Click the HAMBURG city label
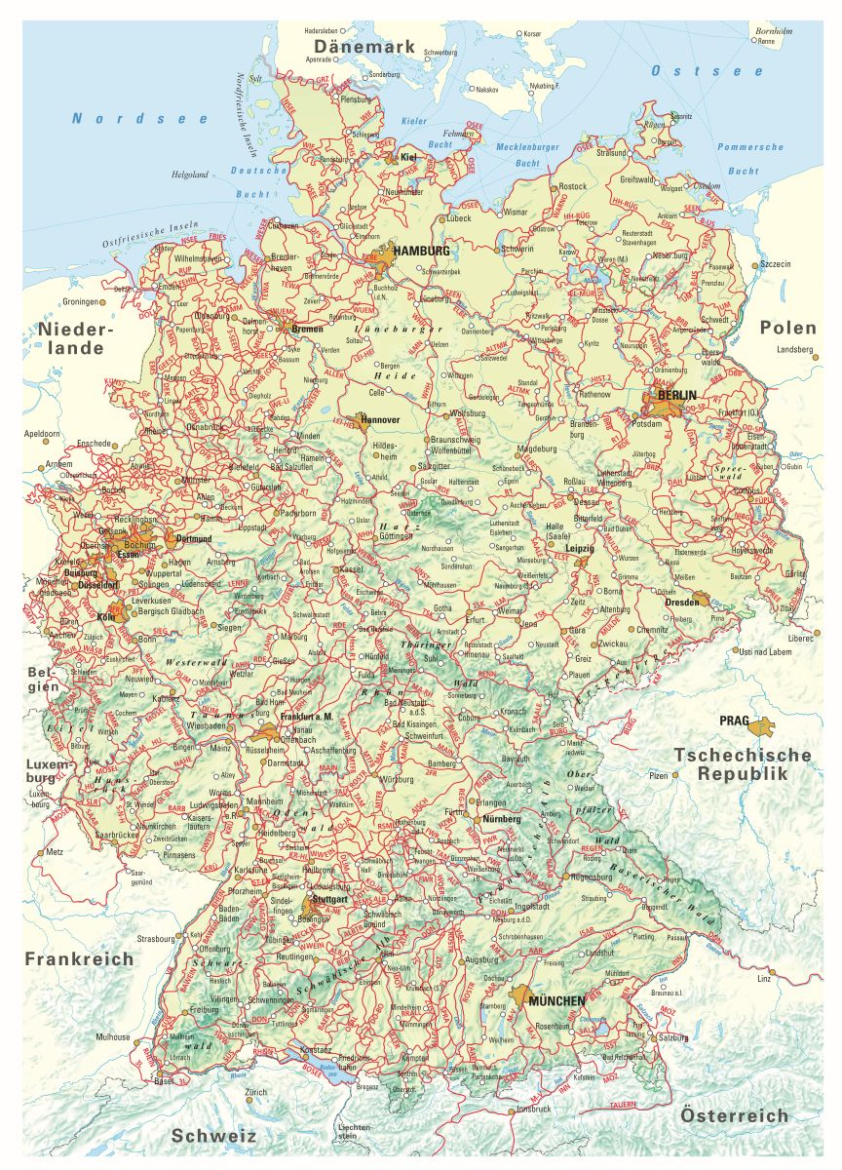coord(421,251)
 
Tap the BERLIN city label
coord(677,395)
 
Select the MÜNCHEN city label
coord(557,1001)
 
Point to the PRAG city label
coord(734,721)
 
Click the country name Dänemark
coord(364,47)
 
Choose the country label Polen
coord(787,327)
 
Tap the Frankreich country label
coord(80,958)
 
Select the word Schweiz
coord(213,1136)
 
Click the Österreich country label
coord(734,1115)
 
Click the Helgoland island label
coord(190,175)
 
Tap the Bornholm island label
coord(774,31)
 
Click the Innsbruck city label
coord(533,1109)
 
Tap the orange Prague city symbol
coord(762,724)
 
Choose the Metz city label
coord(54,851)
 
